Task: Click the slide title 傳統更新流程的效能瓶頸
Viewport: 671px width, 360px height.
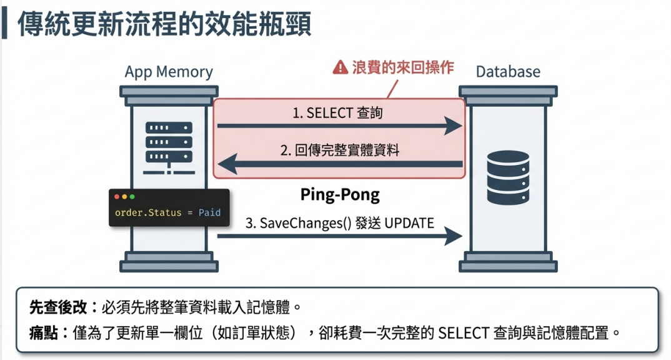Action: [x=164, y=24]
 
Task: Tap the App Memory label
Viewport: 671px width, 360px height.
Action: [x=169, y=72]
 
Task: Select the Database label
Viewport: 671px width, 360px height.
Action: [x=508, y=71]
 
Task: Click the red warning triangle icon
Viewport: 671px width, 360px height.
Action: [x=340, y=67]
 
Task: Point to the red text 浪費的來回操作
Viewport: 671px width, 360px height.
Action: [x=403, y=67]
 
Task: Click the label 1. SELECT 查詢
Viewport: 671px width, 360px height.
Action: [x=337, y=113]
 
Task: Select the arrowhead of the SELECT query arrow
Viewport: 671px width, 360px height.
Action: [x=453, y=126]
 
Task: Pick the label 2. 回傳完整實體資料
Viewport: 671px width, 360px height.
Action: [x=340, y=150]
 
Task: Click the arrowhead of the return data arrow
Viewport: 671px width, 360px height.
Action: [x=227, y=164]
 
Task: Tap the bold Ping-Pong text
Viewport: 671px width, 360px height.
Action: [x=340, y=195]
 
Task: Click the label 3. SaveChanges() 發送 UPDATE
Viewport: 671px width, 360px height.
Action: [x=340, y=223]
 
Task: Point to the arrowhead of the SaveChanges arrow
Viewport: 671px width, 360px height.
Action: [x=453, y=236]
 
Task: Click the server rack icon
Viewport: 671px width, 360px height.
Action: [x=169, y=147]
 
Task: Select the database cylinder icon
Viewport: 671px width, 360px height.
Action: [x=508, y=177]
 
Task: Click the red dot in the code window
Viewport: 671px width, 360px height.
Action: [x=117, y=196]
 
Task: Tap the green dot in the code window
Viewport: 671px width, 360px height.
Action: [x=132, y=196]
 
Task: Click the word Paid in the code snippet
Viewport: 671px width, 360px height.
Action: [x=210, y=212]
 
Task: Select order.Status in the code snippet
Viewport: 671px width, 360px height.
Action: [x=148, y=212]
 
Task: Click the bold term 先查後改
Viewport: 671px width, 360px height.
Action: [x=58, y=307]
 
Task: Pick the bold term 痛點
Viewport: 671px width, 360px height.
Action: [x=44, y=332]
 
